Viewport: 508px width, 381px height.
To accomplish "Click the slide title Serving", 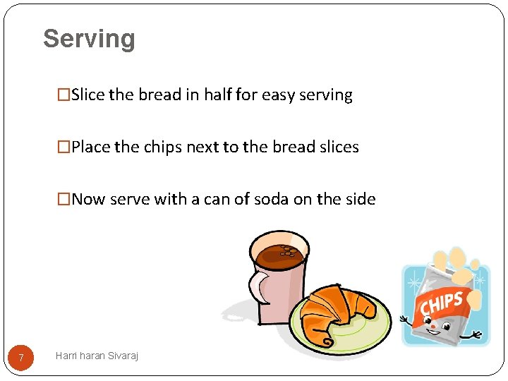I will (x=89, y=39).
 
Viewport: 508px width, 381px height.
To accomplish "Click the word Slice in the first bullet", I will (x=88, y=95).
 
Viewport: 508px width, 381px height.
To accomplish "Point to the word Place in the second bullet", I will (x=91, y=147).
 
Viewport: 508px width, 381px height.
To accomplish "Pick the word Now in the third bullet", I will (x=87, y=199).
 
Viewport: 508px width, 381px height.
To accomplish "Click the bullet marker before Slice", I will (x=64, y=95).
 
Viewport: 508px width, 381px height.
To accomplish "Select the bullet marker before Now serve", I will (x=64, y=200).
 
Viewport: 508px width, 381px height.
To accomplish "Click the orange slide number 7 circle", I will (x=21, y=358).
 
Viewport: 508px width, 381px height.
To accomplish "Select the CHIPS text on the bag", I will (x=442, y=306).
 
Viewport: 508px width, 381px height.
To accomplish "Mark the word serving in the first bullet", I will (x=327, y=95).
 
